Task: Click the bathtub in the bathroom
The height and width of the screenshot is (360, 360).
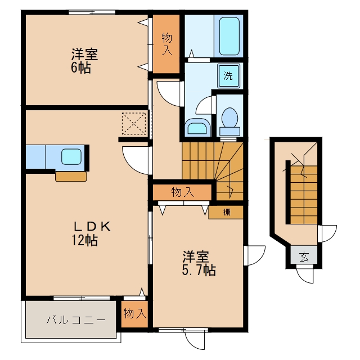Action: click(x=229, y=36)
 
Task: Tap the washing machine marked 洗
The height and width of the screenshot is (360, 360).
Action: click(x=229, y=76)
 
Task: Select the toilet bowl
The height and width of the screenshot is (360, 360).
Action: click(x=229, y=121)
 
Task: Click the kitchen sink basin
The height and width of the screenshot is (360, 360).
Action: click(x=71, y=157)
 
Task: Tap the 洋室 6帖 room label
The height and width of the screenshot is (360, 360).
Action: click(x=84, y=61)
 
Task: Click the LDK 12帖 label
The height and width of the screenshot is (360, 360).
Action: click(x=91, y=233)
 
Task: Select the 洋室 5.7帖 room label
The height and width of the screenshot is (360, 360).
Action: click(x=199, y=263)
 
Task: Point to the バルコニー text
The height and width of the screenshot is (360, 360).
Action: click(x=76, y=319)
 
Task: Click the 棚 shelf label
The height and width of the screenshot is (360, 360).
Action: click(x=227, y=212)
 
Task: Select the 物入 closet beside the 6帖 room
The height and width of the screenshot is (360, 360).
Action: click(x=166, y=44)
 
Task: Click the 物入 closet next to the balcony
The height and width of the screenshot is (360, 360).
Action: click(x=134, y=314)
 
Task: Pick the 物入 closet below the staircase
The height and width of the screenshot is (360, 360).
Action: click(x=182, y=192)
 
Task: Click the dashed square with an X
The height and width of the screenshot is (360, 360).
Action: click(x=134, y=124)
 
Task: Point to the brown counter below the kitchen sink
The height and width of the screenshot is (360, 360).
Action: click(x=71, y=177)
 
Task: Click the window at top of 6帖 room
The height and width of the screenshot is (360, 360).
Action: click(x=92, y=12)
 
